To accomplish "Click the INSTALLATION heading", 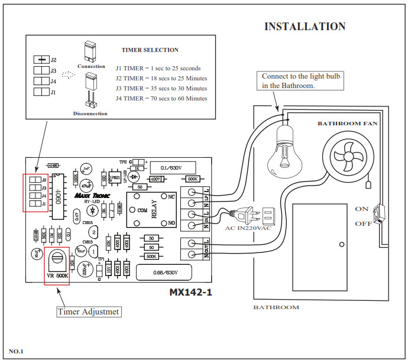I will click(x=305, y=27).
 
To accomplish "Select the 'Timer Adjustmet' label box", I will click(x=89, y=311).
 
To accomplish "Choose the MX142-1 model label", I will click(x=190, y=293).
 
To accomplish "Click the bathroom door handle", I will click(x=341, y=244).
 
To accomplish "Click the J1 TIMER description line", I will click(x=159, y=69).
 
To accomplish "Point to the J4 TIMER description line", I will click(x=161, y=98).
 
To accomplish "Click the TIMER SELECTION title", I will click(x=150, y=50).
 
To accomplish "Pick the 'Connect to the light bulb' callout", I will click(x=301, y=81).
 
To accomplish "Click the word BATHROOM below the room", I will click(x=276, y=307).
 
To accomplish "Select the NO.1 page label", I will click(x=15, y=352).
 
